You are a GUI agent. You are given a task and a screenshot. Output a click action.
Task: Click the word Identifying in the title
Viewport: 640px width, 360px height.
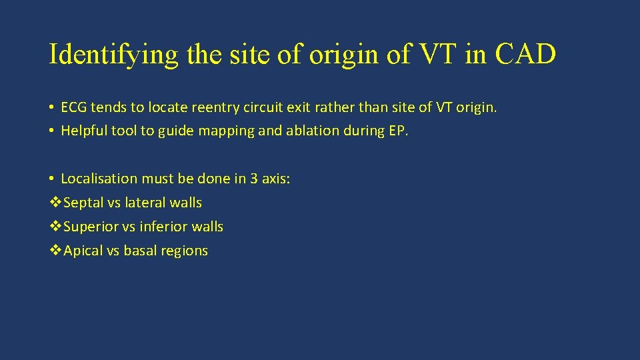[x=113, y=55]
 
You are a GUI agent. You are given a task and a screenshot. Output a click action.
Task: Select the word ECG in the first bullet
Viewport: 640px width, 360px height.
[x=73, y=107]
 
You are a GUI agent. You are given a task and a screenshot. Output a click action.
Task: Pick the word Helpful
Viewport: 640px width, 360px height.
[x=83, y=131]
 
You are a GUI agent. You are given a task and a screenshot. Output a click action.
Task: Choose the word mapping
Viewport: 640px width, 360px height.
[x=227, y=131]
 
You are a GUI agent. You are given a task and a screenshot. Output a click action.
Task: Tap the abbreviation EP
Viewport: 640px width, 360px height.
[x=397, y=131]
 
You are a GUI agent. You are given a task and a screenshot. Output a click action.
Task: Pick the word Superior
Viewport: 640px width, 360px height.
[x=90, y=227]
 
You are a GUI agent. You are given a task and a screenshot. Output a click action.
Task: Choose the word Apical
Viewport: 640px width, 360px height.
[x=83, y=251]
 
